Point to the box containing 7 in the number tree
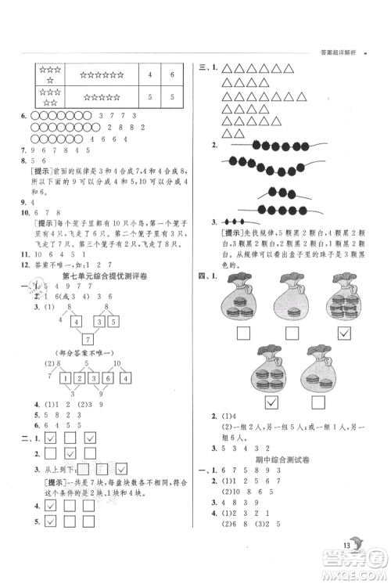88,338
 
